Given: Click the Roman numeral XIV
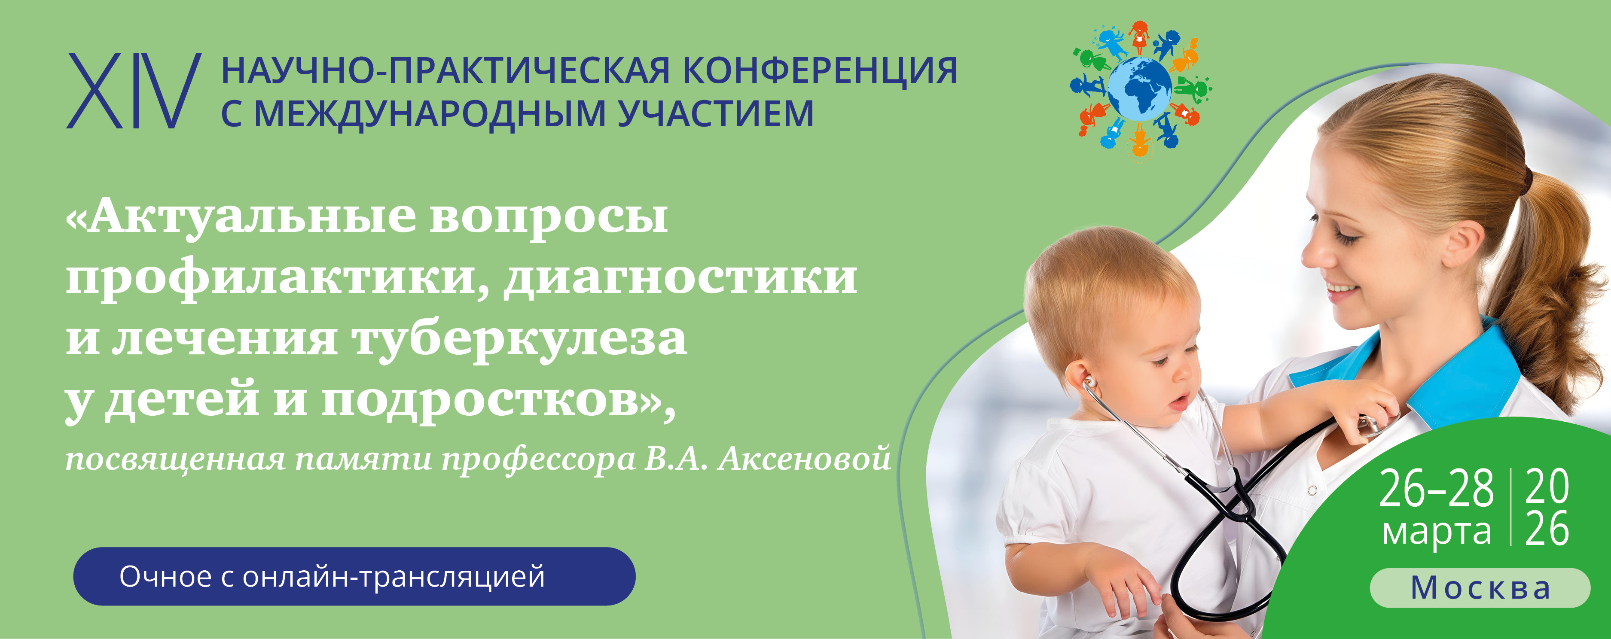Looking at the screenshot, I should click(133, 91).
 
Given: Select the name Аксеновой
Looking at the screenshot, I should click(804, 458).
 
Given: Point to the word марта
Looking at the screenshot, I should click(1436, 532).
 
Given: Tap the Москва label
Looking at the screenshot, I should click(1480, 588).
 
